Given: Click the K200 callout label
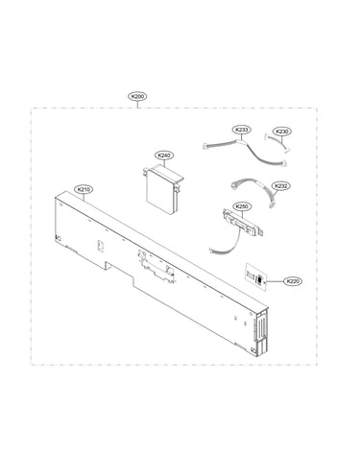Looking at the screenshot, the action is coord(137,96).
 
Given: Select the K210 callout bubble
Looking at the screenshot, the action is coord(84,189).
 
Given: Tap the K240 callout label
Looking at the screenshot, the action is coord(164,156).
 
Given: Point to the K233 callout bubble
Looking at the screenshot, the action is coord(241,130).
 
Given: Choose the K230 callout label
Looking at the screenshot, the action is coord(282,132).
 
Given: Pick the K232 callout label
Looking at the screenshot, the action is coord(280,186).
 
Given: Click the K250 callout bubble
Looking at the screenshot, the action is coord(242,206).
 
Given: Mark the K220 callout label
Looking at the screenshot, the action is coord(293,281).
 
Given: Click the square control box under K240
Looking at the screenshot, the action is coord(161,190).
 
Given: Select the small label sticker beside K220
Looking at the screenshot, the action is coord(256,277).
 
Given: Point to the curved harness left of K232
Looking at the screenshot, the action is coord(252,192).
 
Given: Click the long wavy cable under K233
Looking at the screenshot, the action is coord(245,152).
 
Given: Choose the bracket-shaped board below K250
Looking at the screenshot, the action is coord(243,223).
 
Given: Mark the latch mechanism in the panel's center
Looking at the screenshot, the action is coord(156,266).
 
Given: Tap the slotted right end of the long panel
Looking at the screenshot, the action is coord(261,333).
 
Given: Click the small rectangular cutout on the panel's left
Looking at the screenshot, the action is coord(101,246).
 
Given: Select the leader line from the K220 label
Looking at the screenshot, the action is coord(275,281).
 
